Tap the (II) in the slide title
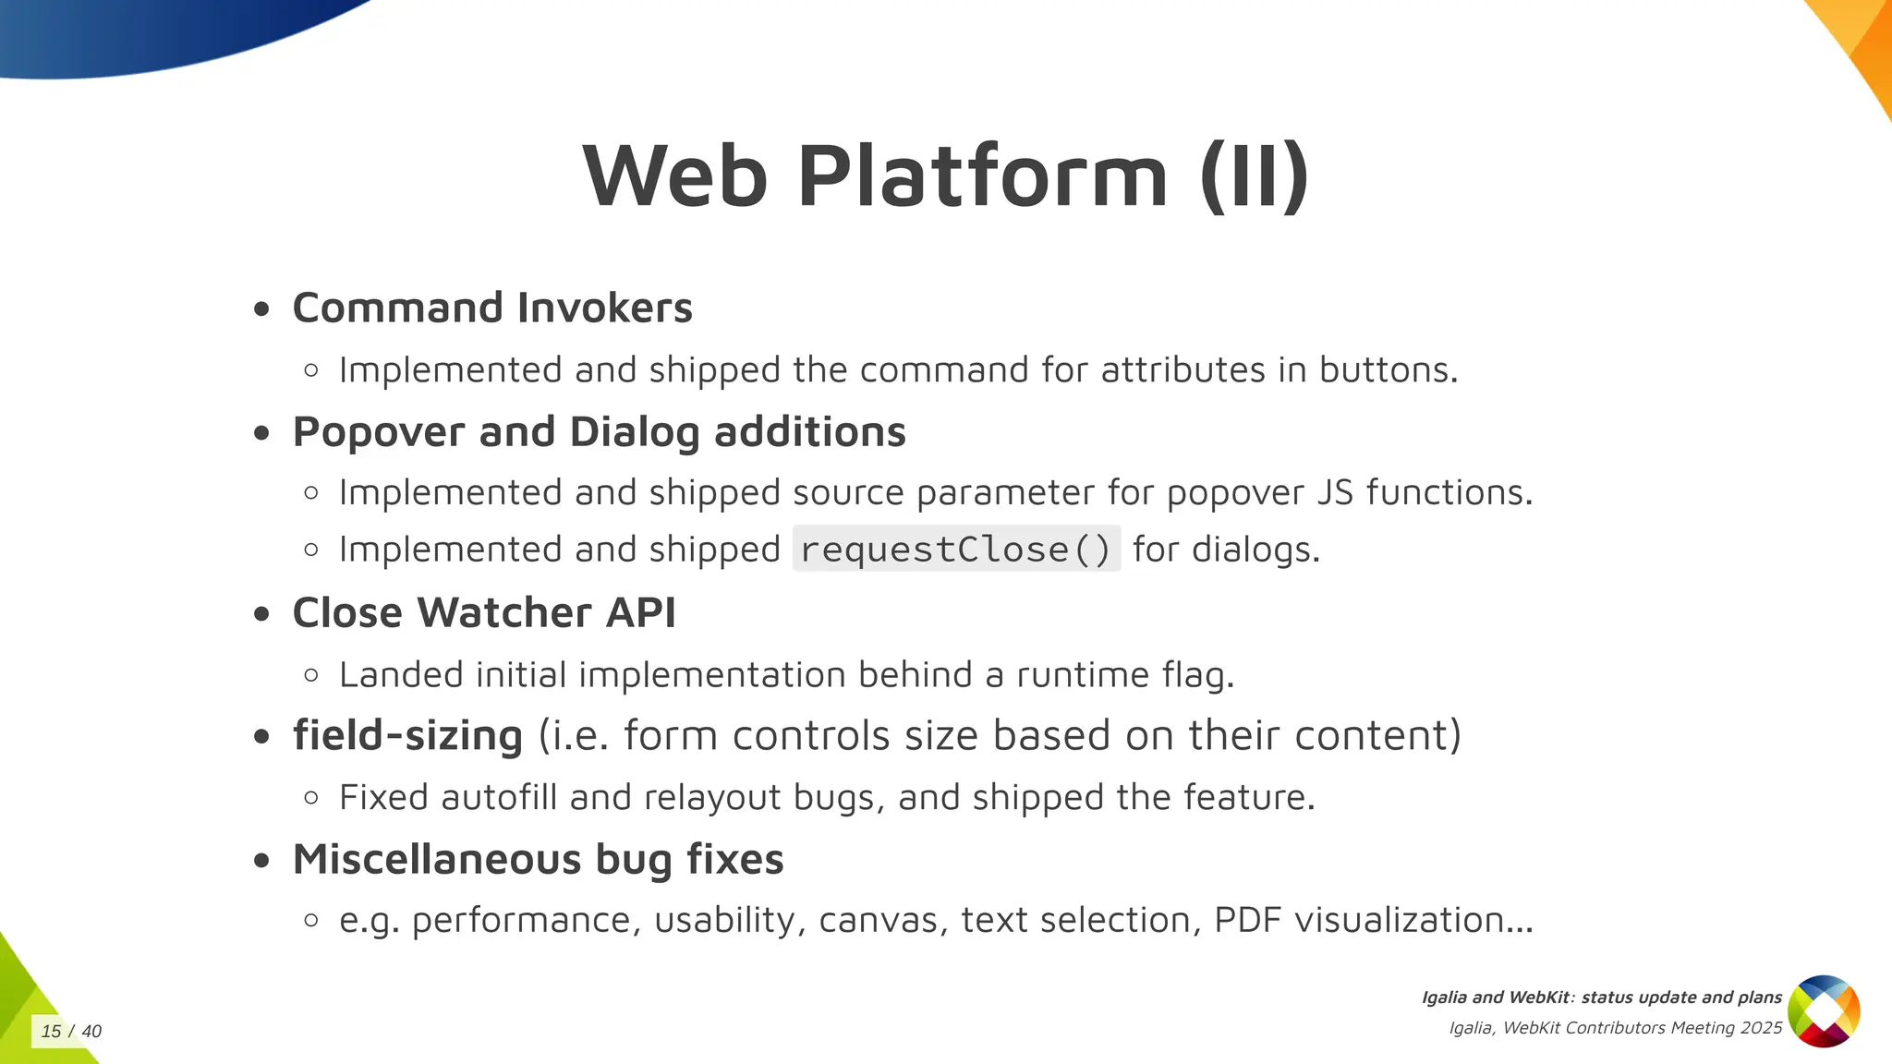[1254, 176]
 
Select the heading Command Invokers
[491, 308]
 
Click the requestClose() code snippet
[956, 550]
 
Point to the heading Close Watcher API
[484, 612]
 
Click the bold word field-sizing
[407, 736]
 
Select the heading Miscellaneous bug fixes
[538, 859]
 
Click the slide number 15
[51, 1032]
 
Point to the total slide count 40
[91, 1032]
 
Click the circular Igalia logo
[1824, 1011]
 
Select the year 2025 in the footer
[1761, 1028]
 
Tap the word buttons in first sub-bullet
[1388, 370]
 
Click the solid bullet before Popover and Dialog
[262, 432]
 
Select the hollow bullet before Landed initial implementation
[311, 675]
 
